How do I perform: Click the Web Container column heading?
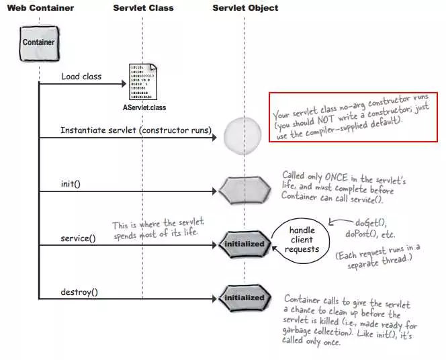(x=40, y=8)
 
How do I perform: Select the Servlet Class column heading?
(x=142, y=8)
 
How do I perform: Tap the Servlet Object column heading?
(x=245, y=8)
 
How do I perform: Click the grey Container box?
(x=38, y=42)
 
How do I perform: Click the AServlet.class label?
(x=144, y=107)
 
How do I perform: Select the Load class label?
(x=81, y=77)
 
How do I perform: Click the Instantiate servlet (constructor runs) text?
(x=136, y=130)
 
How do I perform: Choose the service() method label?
(x=78, y=238)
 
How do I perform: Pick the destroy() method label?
(x=79, y=292)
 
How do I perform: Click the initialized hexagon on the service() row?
(x=244, y=243)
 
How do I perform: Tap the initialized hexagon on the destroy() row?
(x=244, y=298)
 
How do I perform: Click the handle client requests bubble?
(x=302, y=240)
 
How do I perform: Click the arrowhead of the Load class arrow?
(x=124, y=84)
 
